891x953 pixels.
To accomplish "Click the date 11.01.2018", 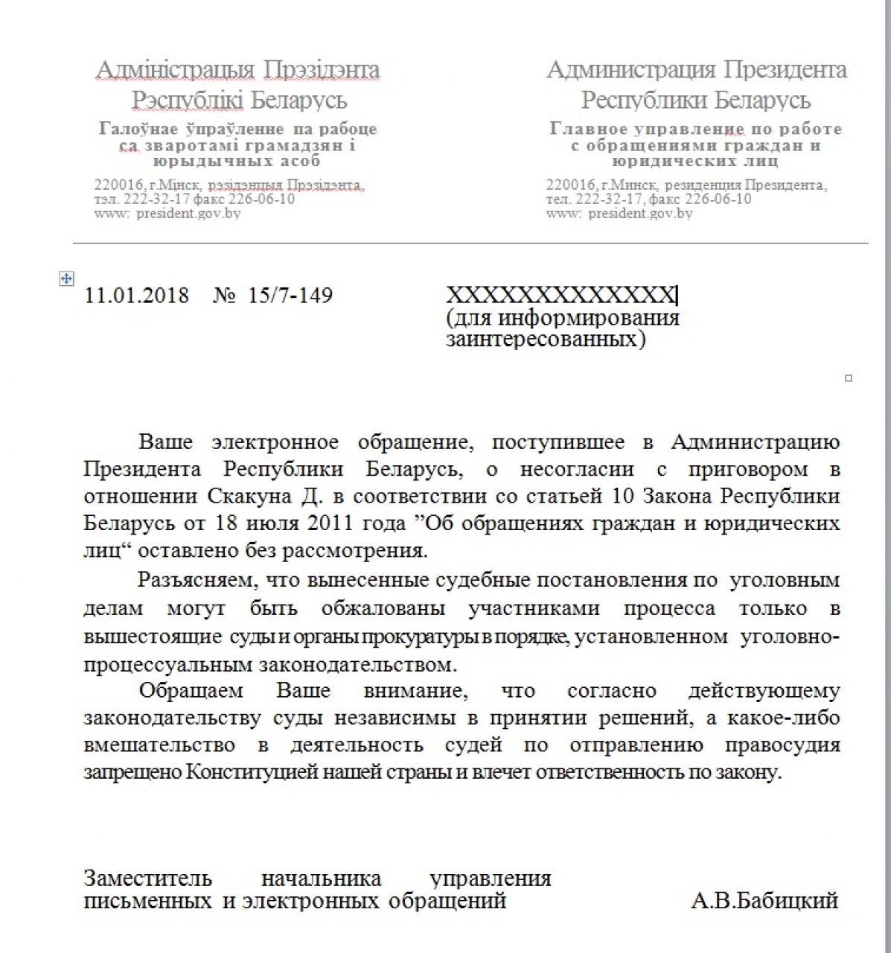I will pos(137,296).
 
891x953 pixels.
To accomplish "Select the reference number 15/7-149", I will pos(290,296).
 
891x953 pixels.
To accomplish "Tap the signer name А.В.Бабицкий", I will pos(764,901).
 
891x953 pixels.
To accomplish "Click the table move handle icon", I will pos(66,278).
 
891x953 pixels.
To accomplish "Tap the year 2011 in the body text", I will pos(325,523).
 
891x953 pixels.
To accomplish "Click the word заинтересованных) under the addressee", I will pos(546,340).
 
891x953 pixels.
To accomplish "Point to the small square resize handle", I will pos(849,378).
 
